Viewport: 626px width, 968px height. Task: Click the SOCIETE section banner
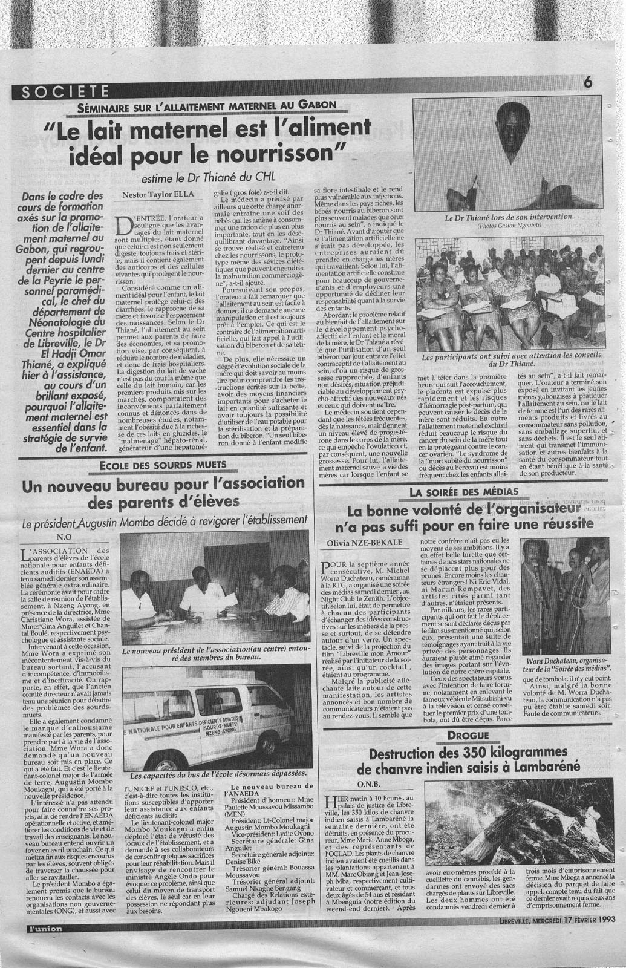(62, 91)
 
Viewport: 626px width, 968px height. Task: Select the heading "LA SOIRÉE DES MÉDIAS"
(457, 492)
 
